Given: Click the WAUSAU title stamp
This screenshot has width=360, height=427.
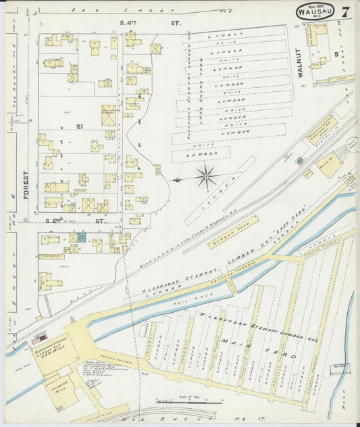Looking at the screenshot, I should (316, 11).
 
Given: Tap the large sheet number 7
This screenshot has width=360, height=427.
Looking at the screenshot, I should (345, 12).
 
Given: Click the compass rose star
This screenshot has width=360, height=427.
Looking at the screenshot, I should (205, 178).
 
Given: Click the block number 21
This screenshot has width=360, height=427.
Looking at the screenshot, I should (79, 126).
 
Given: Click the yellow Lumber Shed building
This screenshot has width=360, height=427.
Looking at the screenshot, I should (233, 232).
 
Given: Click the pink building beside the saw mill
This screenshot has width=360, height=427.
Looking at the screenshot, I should (42, 334).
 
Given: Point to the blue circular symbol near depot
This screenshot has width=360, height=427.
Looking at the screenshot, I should (299, 160).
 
